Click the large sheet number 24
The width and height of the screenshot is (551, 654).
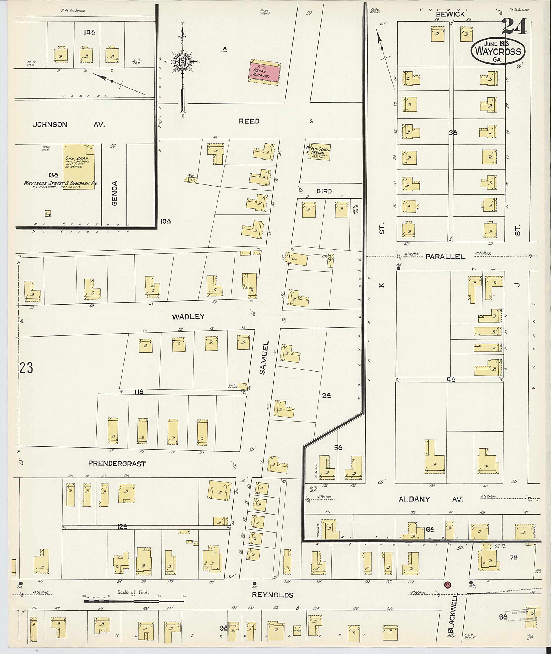pos(514,27)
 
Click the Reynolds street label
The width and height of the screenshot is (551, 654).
pos(273,595)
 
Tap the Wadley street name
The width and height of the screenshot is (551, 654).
pos(188,317)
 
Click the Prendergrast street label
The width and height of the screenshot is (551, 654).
pos(117,464)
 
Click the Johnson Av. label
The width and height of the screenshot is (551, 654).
pos(69,124)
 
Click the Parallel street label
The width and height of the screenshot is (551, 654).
pos(445,257)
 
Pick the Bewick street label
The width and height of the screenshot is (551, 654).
pos(450,14)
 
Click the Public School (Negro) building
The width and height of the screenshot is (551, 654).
pos(319,153)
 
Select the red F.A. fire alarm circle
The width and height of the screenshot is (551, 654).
pos(448,584)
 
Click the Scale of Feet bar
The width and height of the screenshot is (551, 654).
pos(134,600)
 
